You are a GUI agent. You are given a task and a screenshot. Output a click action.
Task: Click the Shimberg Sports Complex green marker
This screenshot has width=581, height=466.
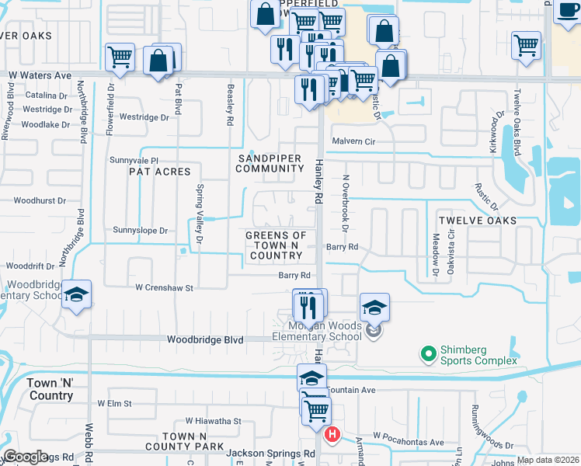[427, 355]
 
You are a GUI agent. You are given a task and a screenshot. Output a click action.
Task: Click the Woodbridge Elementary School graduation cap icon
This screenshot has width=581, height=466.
[76, 295]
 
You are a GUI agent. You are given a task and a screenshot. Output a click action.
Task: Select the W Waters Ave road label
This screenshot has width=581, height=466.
[40, 76]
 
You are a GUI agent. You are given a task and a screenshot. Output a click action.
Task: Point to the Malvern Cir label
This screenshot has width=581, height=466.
[353, 141]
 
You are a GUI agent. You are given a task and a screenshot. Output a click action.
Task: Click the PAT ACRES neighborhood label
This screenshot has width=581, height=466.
[159, 171]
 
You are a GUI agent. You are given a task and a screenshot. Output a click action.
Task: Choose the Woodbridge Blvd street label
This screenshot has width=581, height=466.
[206, 340]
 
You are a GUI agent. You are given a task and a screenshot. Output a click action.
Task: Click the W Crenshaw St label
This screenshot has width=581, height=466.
[164, 287]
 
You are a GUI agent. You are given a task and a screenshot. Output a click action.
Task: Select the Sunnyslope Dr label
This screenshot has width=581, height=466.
[141, 231]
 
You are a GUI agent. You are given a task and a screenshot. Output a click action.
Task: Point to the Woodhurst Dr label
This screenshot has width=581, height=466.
[39, 200]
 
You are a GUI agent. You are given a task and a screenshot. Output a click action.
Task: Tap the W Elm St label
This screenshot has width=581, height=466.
[115, 404]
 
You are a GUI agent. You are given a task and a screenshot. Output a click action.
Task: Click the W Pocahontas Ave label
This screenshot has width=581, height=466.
[409, 442]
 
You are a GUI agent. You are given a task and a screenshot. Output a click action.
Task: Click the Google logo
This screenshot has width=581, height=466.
[26, 457]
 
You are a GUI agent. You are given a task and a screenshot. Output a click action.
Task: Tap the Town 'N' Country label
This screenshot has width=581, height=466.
[50, 389]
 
